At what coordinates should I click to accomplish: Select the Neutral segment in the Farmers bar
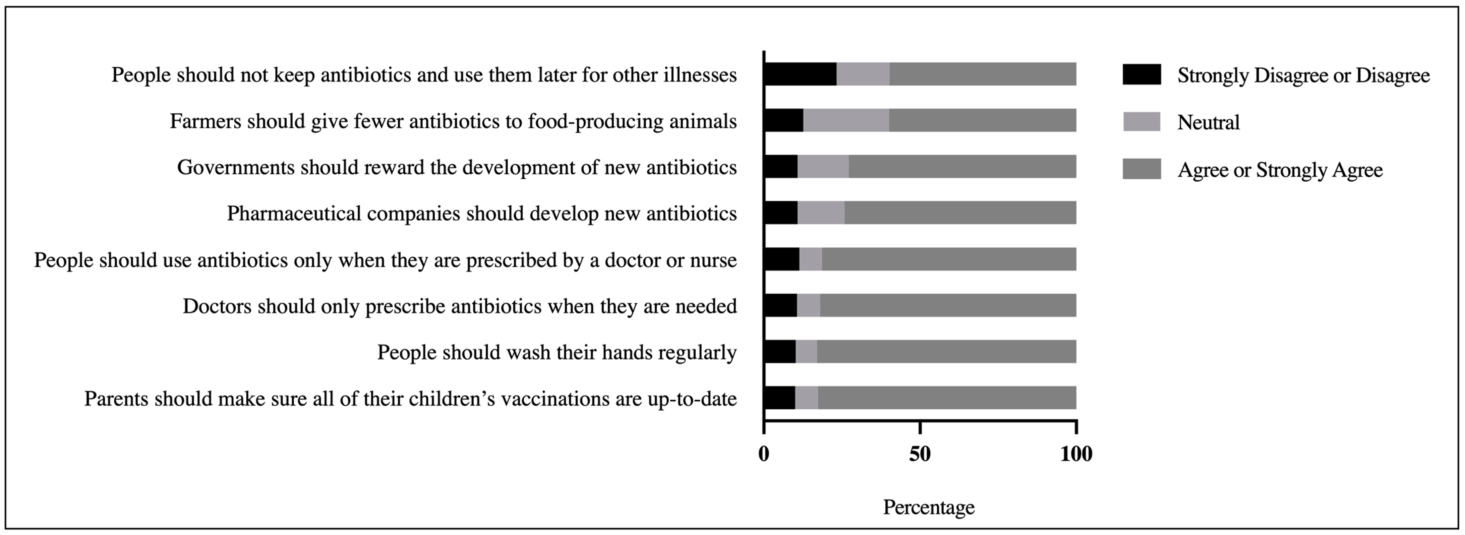pos(846,121)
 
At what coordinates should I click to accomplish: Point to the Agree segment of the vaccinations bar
pos(947,398)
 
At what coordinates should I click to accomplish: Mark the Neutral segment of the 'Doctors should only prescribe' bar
pos(808,305)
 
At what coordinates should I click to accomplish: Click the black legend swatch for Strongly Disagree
pos(1141,74)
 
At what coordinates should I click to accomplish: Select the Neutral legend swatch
pos(1141,122)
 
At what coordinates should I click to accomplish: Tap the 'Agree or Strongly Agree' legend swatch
pos(1141,169)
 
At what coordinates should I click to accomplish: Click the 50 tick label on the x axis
pos(920,454)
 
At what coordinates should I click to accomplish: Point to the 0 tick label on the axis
pos(764,454)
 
